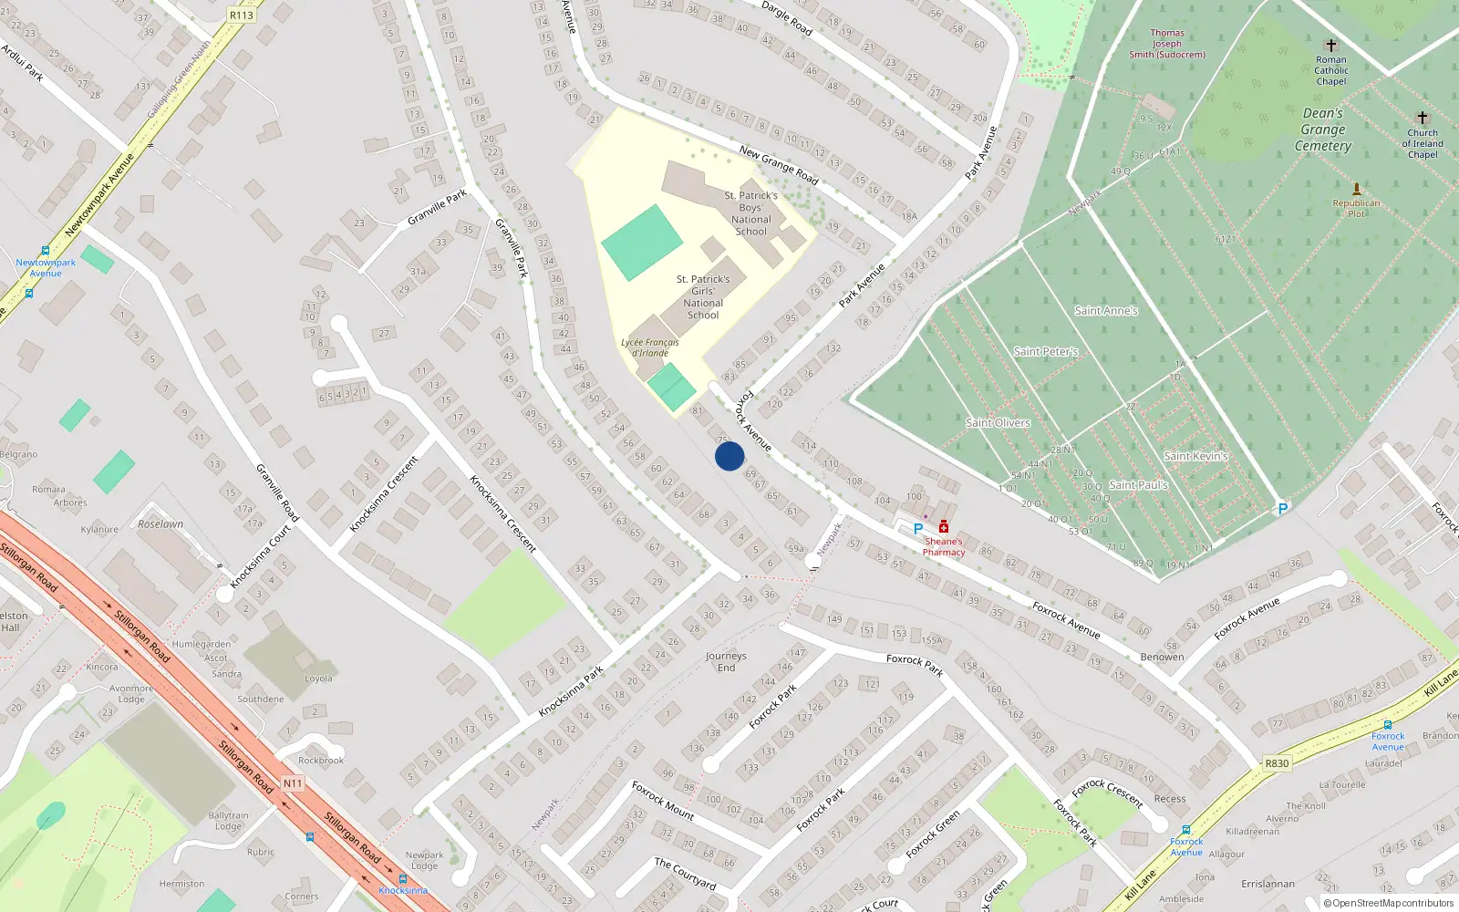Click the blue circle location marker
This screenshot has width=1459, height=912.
tap(729, 456)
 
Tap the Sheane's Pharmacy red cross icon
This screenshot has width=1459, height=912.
tap(944, 527)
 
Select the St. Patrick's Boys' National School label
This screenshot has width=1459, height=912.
tap(751, 213)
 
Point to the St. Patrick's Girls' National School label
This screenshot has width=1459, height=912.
tap(703, 297)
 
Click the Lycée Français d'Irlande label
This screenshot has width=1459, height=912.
tap(650, 347)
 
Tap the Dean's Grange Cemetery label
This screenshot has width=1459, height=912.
tap(1323, 130)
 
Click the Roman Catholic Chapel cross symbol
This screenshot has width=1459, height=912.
tap(1331, 45)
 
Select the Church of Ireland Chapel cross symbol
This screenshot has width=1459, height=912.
tap(1422, 118)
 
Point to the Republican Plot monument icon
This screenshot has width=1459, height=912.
tap(1356, 189)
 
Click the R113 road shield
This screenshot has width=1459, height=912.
tap(242, 15)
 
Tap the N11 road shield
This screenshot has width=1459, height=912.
tap(292, 783)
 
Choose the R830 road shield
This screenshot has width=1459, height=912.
tap(1277, 763)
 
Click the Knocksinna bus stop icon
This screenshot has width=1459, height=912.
tap(402, 879)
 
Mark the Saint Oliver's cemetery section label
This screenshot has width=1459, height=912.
tap(998, 423)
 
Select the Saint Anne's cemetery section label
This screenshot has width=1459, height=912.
tap(1106, 311)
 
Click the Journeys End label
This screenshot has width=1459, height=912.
tap(726, 662)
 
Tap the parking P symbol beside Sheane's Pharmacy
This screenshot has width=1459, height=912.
tap(918, 528)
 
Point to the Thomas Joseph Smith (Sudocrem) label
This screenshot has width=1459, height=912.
tap(1167, 44)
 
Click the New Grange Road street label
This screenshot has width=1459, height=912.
tap(779, 165)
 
